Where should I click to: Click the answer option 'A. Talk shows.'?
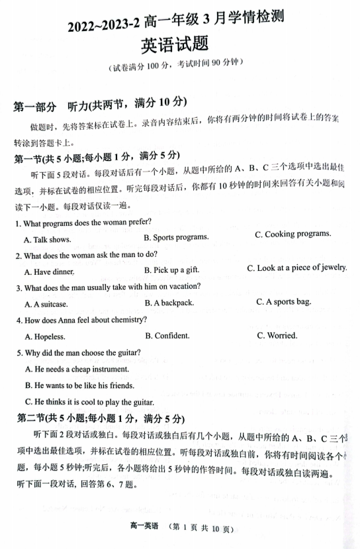point(48,240)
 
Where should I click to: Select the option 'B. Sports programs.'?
point(176,237)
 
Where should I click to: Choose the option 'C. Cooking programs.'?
point(293,234)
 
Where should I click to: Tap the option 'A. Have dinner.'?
point(50,272)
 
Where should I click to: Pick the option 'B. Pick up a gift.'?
point(171,270)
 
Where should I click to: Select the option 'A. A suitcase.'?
point(46,305)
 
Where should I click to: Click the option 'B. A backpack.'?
point(169,303)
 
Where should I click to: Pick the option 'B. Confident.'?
point(167,336)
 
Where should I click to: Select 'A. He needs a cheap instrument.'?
point(81,369)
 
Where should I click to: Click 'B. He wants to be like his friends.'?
point(79,385)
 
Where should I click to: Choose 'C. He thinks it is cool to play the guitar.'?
point(89,402)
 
